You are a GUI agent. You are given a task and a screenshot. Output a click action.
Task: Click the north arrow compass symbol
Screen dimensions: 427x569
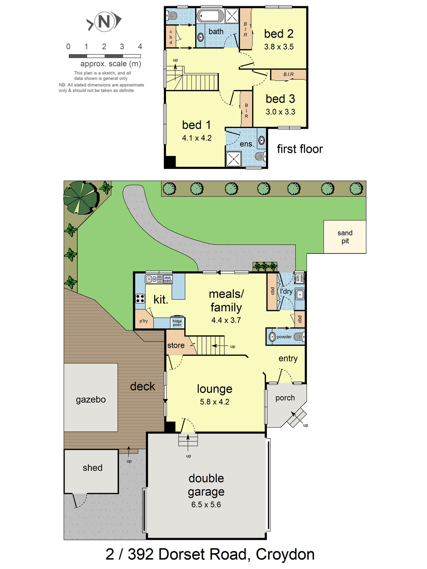click(x=104, y=22)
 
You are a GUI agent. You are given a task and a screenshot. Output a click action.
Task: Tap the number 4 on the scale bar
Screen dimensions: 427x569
click(x=140, y=47)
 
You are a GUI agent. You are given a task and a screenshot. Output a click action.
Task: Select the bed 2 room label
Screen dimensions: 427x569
click(x=279, y=34)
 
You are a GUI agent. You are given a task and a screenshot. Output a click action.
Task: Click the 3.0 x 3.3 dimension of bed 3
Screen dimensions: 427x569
click(x=280, y=112)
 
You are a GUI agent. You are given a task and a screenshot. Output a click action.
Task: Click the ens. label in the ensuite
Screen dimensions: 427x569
click(x=246, y=144)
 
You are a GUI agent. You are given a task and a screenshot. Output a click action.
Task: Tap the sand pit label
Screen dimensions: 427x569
click(x=345, y=237)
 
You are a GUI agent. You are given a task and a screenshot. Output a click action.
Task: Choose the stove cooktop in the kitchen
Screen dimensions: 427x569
click(x=140, y=298)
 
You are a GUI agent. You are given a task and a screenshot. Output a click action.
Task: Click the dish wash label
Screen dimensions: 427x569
click(x=168, y=279)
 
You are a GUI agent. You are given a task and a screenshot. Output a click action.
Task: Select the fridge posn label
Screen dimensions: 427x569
click(x=177, y=323)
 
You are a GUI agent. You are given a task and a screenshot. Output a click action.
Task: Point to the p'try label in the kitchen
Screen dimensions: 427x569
click(x=143, y=321)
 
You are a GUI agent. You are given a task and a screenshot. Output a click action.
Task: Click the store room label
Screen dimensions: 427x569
click(x=176, y=345)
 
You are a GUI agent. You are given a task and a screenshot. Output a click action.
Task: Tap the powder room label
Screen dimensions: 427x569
click(x=284, y=337)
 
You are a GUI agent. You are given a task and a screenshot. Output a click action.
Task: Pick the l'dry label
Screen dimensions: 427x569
click(x=286, y=291)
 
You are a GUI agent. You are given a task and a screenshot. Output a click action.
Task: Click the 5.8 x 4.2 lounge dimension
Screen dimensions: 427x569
click(x=215, y=402)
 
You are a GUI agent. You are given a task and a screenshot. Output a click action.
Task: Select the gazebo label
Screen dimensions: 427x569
click(x=91, y=399)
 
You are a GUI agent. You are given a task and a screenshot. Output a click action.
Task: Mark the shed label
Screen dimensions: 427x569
click(x=93, y=468)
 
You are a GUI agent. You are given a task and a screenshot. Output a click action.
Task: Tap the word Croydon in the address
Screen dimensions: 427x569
click(x=285, y=555)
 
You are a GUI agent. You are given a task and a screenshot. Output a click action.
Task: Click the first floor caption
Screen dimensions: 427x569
click(x=300, y=149)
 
